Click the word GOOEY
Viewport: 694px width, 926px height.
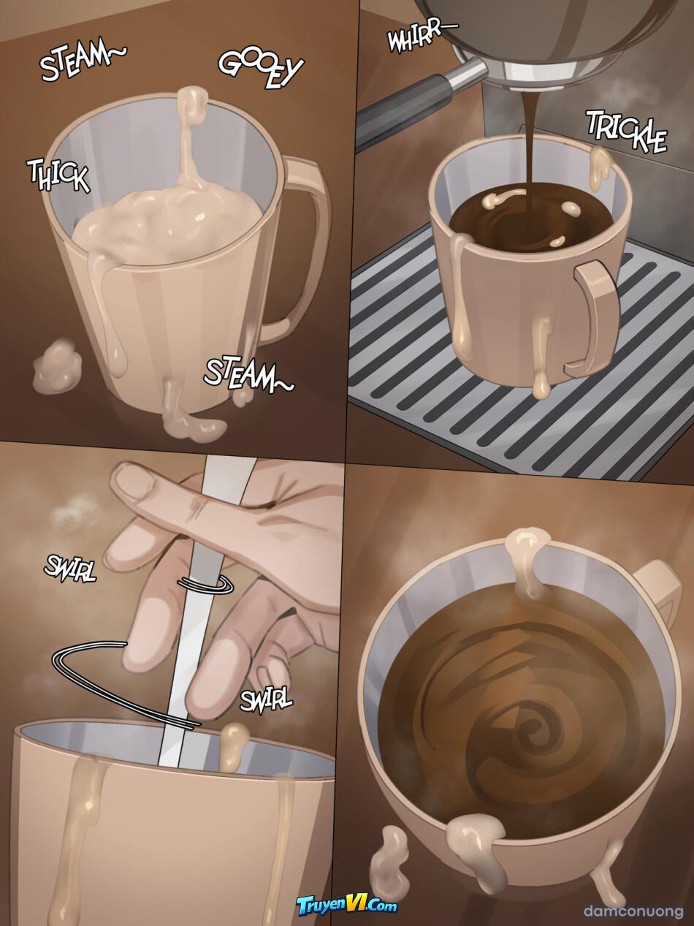click(261, 69)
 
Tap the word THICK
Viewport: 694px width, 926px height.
click(58, 175)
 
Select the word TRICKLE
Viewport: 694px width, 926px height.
click(628, 132)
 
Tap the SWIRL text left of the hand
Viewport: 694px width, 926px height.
click(70, 569)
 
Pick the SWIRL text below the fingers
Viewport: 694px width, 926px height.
click(267, 700)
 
